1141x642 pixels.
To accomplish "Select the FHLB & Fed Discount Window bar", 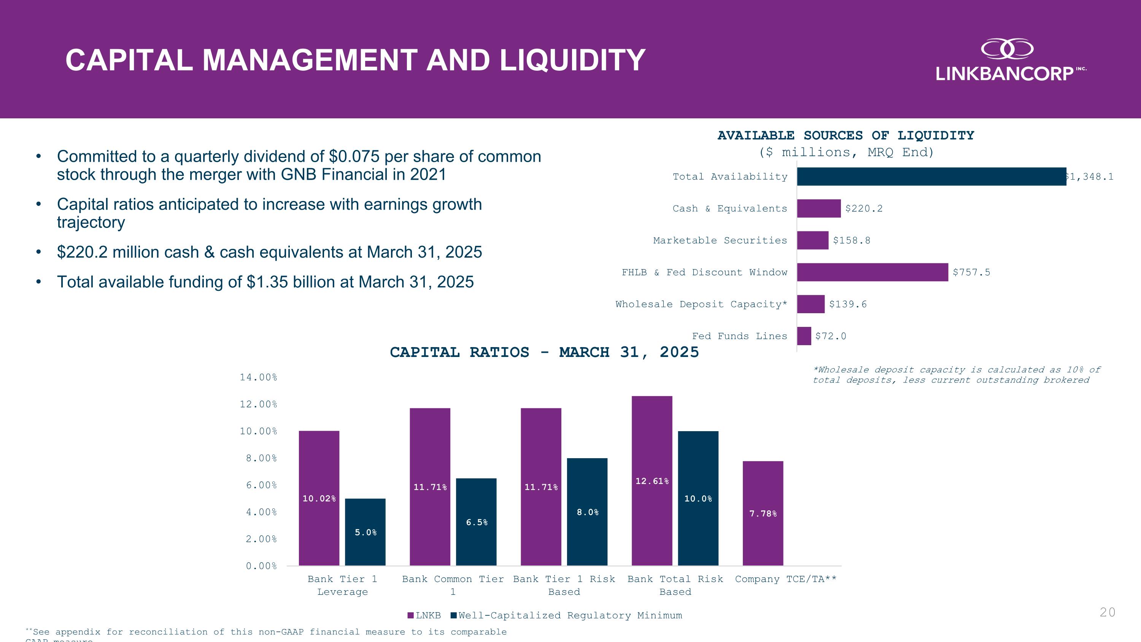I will [872, 272].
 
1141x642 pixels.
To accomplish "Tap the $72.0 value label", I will [831, 336].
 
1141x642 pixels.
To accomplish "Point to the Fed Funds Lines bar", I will [804, 336].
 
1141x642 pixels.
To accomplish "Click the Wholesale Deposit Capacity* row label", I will [701, 304].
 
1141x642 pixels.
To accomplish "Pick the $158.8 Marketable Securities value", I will [851, 241].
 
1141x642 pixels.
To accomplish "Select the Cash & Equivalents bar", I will [818, 209].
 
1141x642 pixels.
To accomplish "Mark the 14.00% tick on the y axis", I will [258, 378].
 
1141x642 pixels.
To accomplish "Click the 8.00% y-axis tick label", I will [261, 458].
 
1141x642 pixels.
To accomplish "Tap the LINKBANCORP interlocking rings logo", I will [1007, 49].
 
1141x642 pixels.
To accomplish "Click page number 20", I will [1107, 612].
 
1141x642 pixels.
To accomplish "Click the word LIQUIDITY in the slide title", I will [572, 60].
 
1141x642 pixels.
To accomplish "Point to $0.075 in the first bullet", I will [354, 156].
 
